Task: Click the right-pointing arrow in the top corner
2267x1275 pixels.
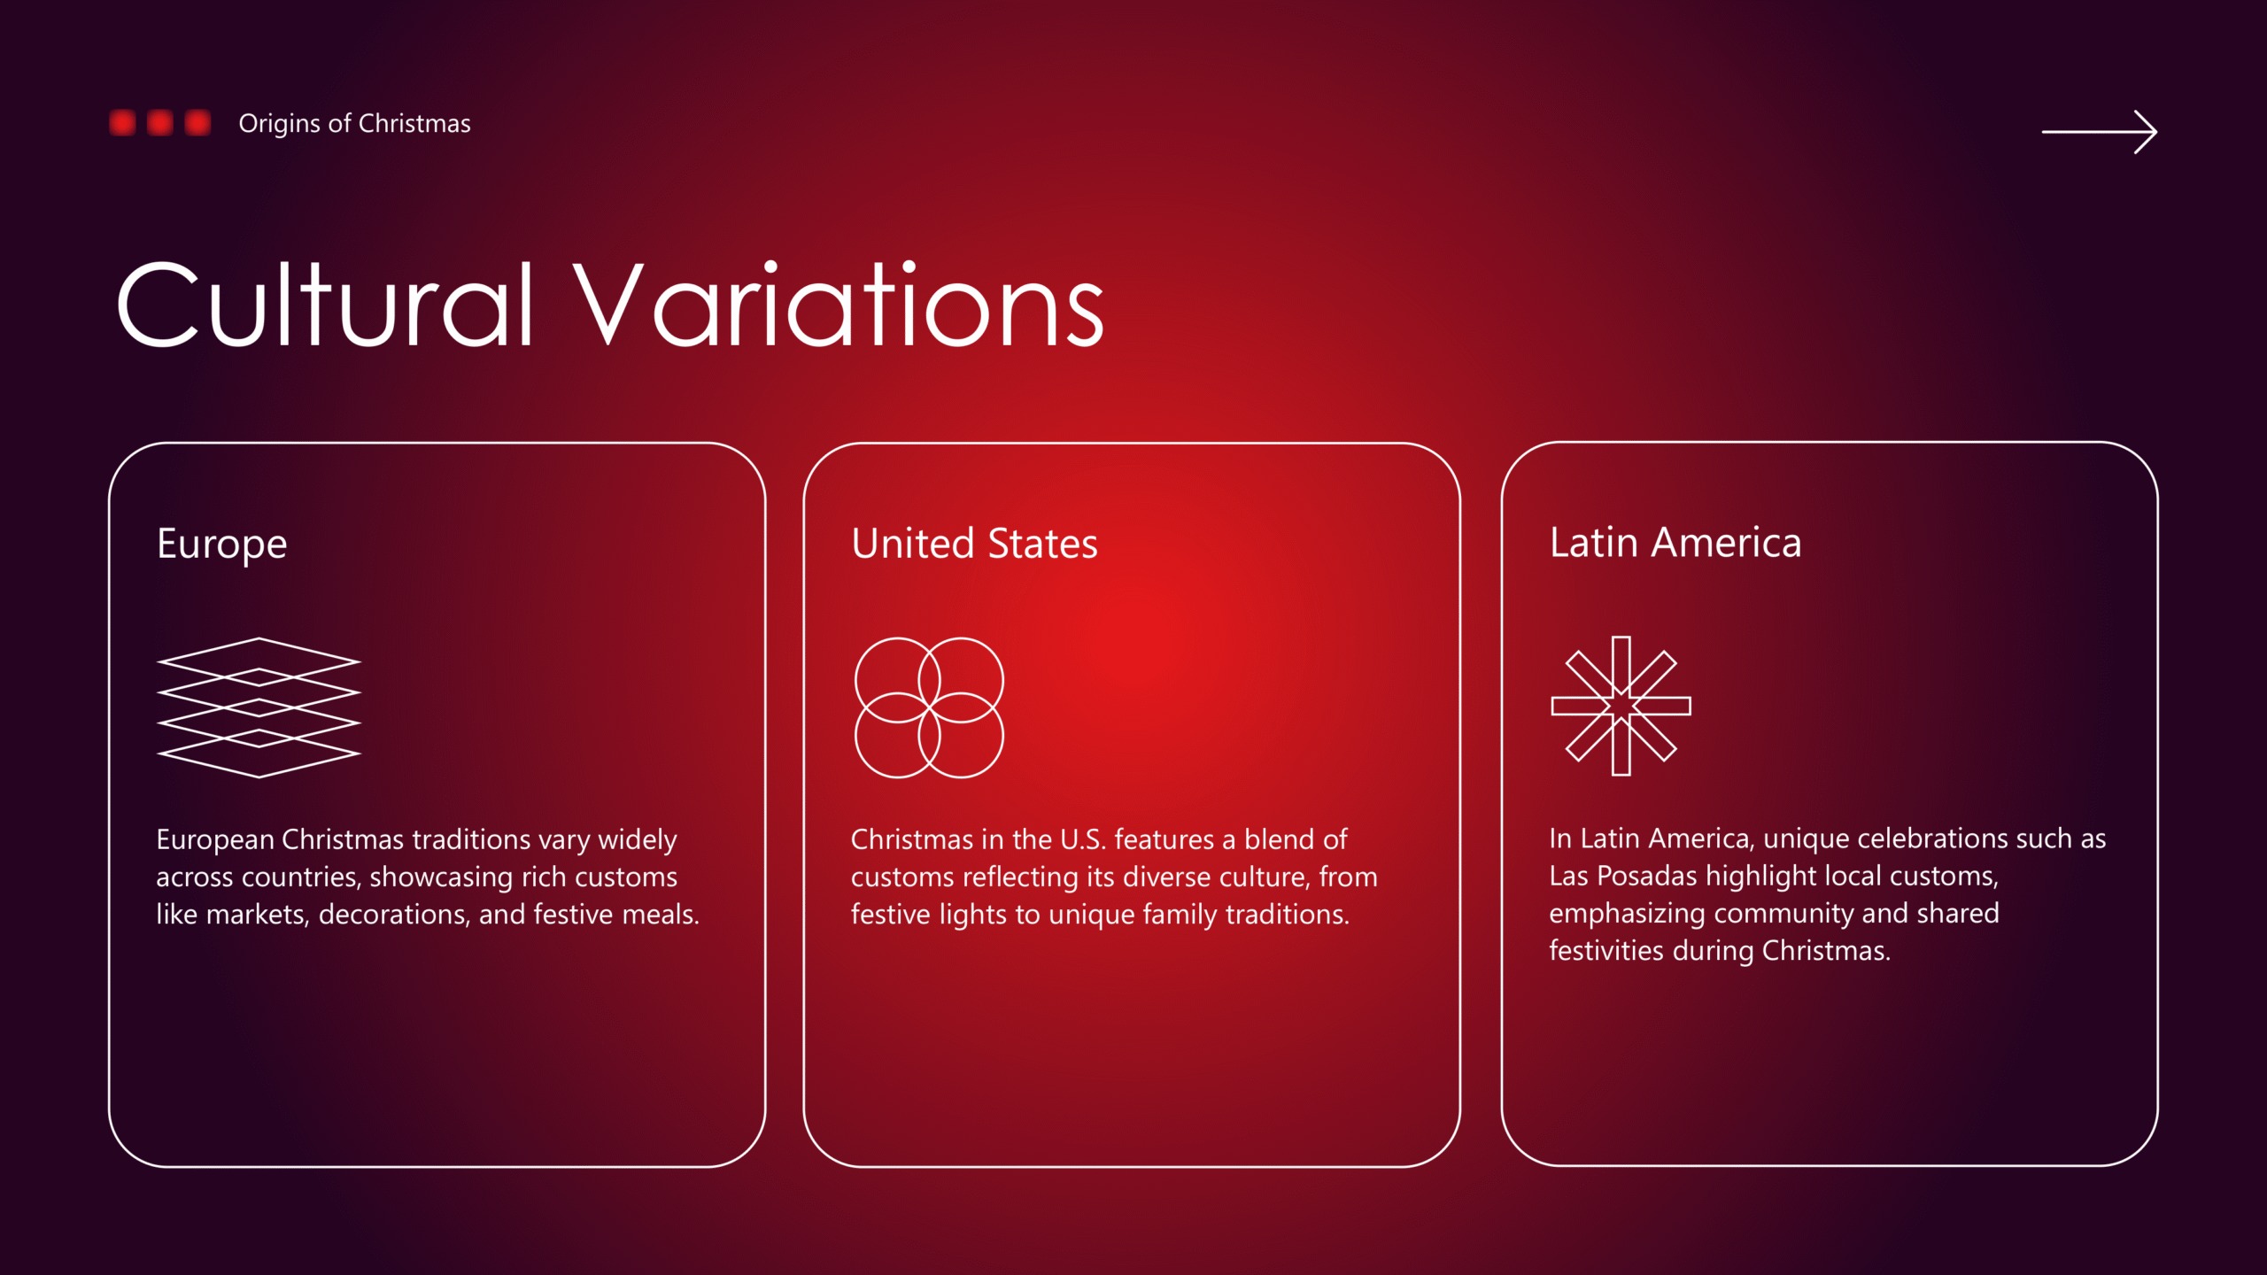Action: click(2099, 132)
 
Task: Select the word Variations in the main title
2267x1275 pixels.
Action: click(839, 305)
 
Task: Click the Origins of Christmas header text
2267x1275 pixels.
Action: click(354, 123)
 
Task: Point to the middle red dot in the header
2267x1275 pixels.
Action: click(160, 123)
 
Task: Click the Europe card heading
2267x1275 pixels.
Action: click(221, 545)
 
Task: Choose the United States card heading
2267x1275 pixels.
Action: click(974, 543)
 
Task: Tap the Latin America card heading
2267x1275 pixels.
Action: click(1675, 542)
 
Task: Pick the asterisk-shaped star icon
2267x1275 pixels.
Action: click(1621, 706)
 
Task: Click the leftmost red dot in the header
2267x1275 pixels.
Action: click(122, 123)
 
